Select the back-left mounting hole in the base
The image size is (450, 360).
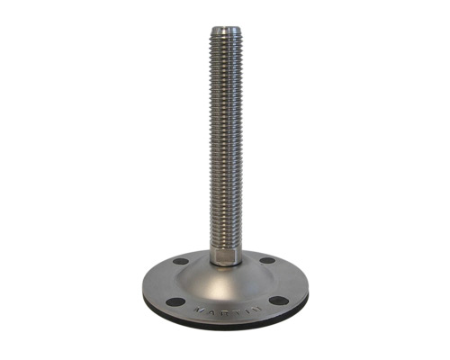tap(181, 261)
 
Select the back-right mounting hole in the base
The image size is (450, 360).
tap(267, 261)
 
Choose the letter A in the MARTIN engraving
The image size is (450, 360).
tap(211, 310)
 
